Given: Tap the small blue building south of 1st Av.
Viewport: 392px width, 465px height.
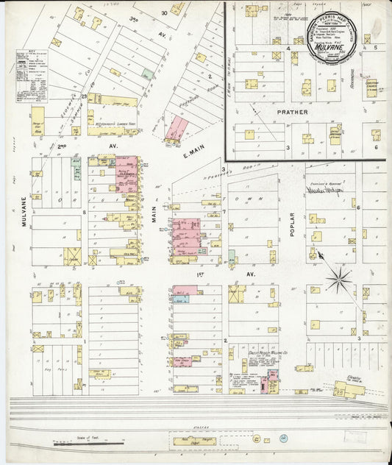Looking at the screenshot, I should click(x=181, y=299).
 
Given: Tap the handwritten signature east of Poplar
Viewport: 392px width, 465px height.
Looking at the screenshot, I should click(x=326, y=189).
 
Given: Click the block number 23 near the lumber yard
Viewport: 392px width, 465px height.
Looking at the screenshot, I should click(x=85, y=96).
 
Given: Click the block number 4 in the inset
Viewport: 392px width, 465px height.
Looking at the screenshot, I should click(x=288, y=48).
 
